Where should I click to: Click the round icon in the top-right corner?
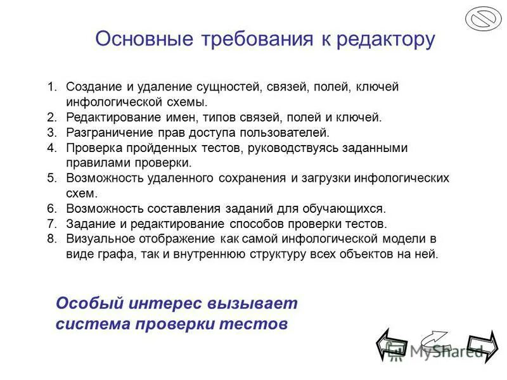[483, 18]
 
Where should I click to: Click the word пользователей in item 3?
[288, 132]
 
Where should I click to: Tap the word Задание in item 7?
[88, 224]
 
